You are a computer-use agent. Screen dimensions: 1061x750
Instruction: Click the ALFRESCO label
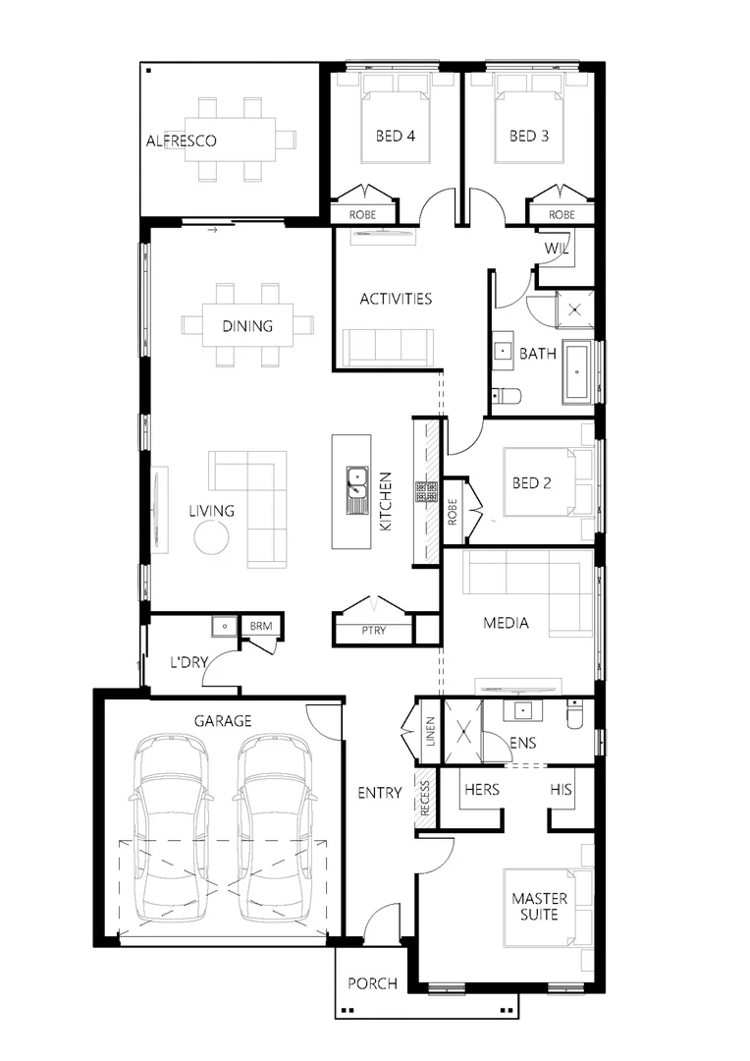pyautogui.click(x=181, y=140)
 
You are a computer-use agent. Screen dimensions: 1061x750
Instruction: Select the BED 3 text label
pyautogui.click(x=528, y=136)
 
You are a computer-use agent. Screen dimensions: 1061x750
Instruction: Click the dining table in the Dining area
pyautogui.click(x=247, y=325)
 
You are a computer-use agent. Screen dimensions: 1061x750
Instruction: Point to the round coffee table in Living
pyautogui.click(x=211, y=537)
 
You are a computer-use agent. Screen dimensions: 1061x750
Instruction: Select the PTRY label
pyautogui.click(x=373, y=631)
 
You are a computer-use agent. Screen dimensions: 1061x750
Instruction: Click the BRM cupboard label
pyautogui.click(x=260, y=626)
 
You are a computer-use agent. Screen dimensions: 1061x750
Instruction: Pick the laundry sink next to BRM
pyautogui.click(x=225, y=626)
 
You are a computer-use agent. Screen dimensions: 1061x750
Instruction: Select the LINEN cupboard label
pyautogui.click(x=429, y=732)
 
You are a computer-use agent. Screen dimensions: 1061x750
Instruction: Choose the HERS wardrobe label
pyautogui.click(x=481, y=789)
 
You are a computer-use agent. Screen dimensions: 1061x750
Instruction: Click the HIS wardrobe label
pyautogui.click(x=562, y=789)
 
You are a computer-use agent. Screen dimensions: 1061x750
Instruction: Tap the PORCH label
pyautogui.click(x=373, y=983)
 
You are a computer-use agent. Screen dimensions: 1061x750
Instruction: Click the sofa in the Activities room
pyautogui.click(x=389, y=346)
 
